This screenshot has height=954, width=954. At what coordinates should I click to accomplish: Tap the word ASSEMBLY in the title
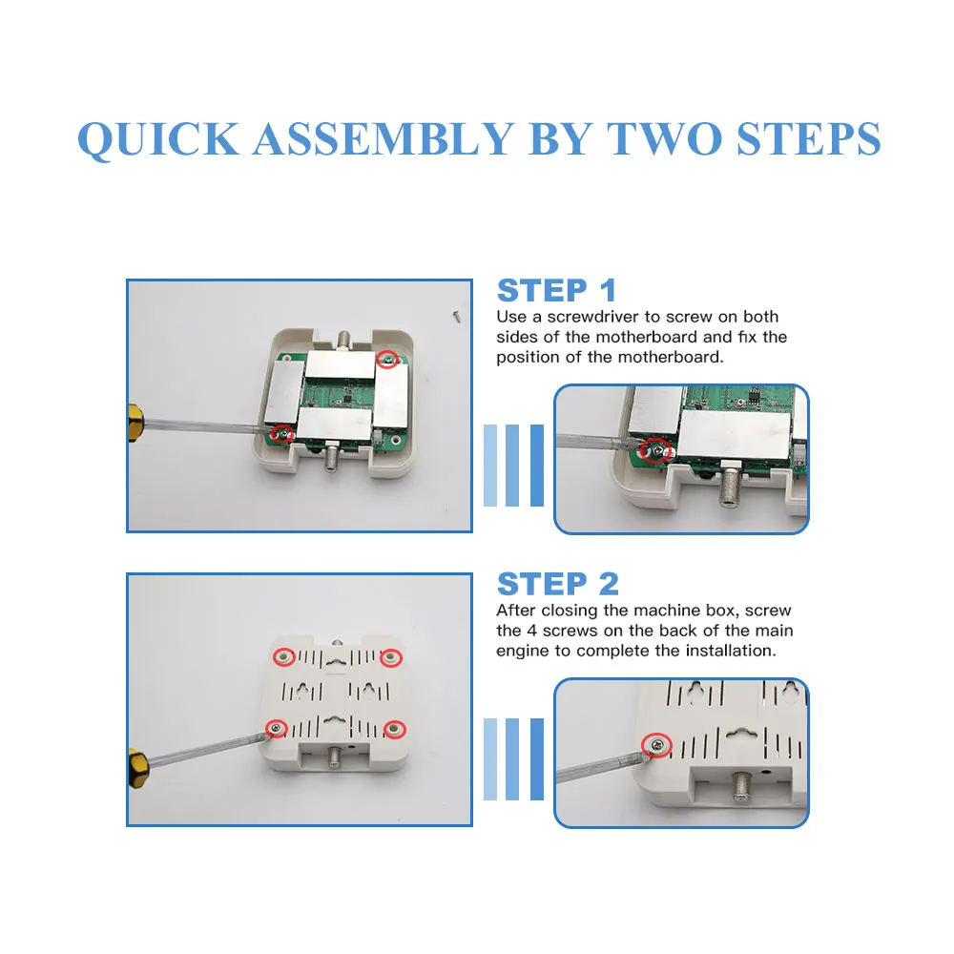click(384, 138)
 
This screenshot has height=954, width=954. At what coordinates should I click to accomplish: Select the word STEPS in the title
click(809, 138)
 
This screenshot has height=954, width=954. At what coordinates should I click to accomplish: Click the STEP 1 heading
click(557, 290)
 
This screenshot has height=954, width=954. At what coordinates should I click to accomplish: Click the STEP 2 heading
click(558, 584)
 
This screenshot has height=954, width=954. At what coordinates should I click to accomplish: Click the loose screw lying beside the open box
click(456, 316)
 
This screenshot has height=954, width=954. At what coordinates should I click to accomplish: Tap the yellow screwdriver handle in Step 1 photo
click(136, 423)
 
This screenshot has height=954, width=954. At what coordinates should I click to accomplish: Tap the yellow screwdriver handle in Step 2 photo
click(138, 768)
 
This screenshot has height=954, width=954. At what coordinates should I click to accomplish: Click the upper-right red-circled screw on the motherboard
click(387, 359)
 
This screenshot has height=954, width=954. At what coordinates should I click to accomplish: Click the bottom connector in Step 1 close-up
click(728, 485)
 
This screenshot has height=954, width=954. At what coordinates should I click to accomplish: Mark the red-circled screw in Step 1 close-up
click(654, 450)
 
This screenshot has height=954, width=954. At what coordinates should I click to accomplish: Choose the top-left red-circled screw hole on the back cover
click(283, 657)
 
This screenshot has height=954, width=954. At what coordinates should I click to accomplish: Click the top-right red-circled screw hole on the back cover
click(391, 657)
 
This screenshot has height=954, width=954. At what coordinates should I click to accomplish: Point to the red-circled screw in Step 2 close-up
click(656, 745)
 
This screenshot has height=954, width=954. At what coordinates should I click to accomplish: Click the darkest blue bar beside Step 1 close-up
click(536, 466)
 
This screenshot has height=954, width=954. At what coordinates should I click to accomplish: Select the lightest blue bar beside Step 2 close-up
click(489, 758)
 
